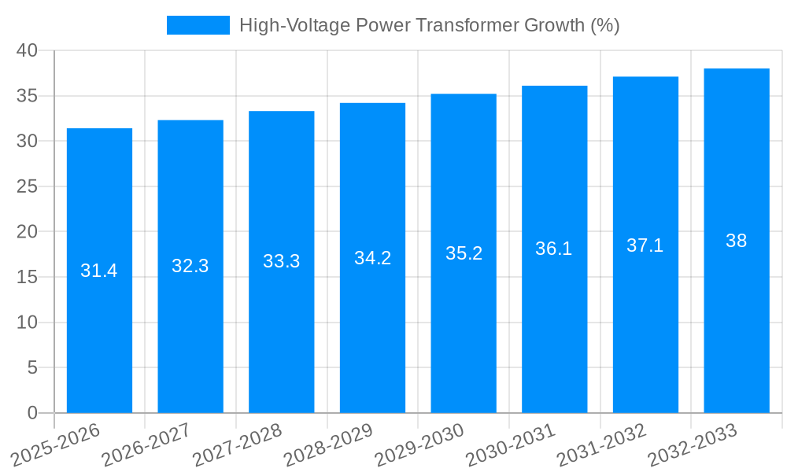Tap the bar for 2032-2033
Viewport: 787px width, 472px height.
click(x=737, y=330)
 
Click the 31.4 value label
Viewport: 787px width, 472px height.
click(x=99, y=271)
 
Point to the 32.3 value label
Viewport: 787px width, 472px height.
click(x=190, y=266)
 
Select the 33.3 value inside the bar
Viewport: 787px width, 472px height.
click(x=281, y=261)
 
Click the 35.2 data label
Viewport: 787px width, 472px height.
click(x=464, y=253)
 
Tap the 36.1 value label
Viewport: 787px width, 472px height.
click(x=554, y=249)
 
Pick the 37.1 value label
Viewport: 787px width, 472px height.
click(x=645, y=245)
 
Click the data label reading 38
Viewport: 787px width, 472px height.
click(x=737, y=241)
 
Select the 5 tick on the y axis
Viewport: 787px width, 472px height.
click(x=32, y=367)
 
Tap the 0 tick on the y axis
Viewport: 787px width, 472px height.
click(x=32, y=413)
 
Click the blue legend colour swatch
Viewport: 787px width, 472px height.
click(x=198, y=25)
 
